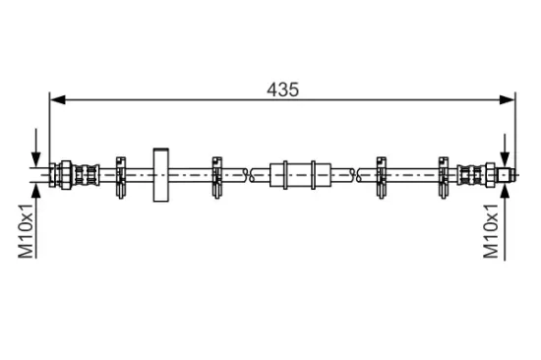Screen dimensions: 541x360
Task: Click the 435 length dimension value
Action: pos(282,90)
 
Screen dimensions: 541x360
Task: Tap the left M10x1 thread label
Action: pos(27,231)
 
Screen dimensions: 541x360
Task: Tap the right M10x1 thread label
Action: pos(491,231)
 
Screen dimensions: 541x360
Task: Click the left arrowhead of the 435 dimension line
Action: pos(58,100)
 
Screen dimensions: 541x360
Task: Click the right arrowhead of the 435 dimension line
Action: pos(507,100)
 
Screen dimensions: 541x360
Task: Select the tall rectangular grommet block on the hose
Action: pos(161,175)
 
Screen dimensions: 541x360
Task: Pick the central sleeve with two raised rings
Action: pos(300,175)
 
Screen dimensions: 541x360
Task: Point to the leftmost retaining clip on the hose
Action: pos(120,177)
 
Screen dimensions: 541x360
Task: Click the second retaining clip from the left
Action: pos(216,177)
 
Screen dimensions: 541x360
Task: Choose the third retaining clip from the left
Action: pos(382,177)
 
